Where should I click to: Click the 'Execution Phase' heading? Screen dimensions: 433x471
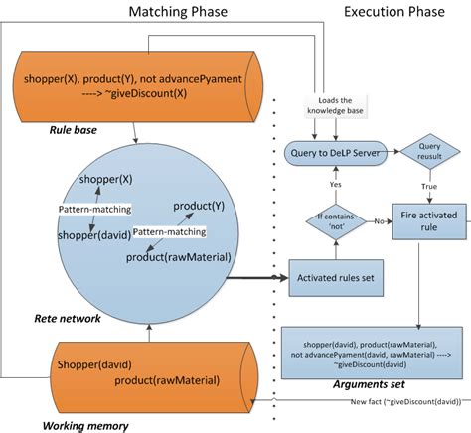[393, 11]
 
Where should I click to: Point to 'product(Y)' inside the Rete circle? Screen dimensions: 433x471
[198, 206]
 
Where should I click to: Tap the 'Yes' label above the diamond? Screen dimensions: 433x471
[334, 184]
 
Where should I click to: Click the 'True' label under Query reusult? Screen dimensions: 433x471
[428, 185]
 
